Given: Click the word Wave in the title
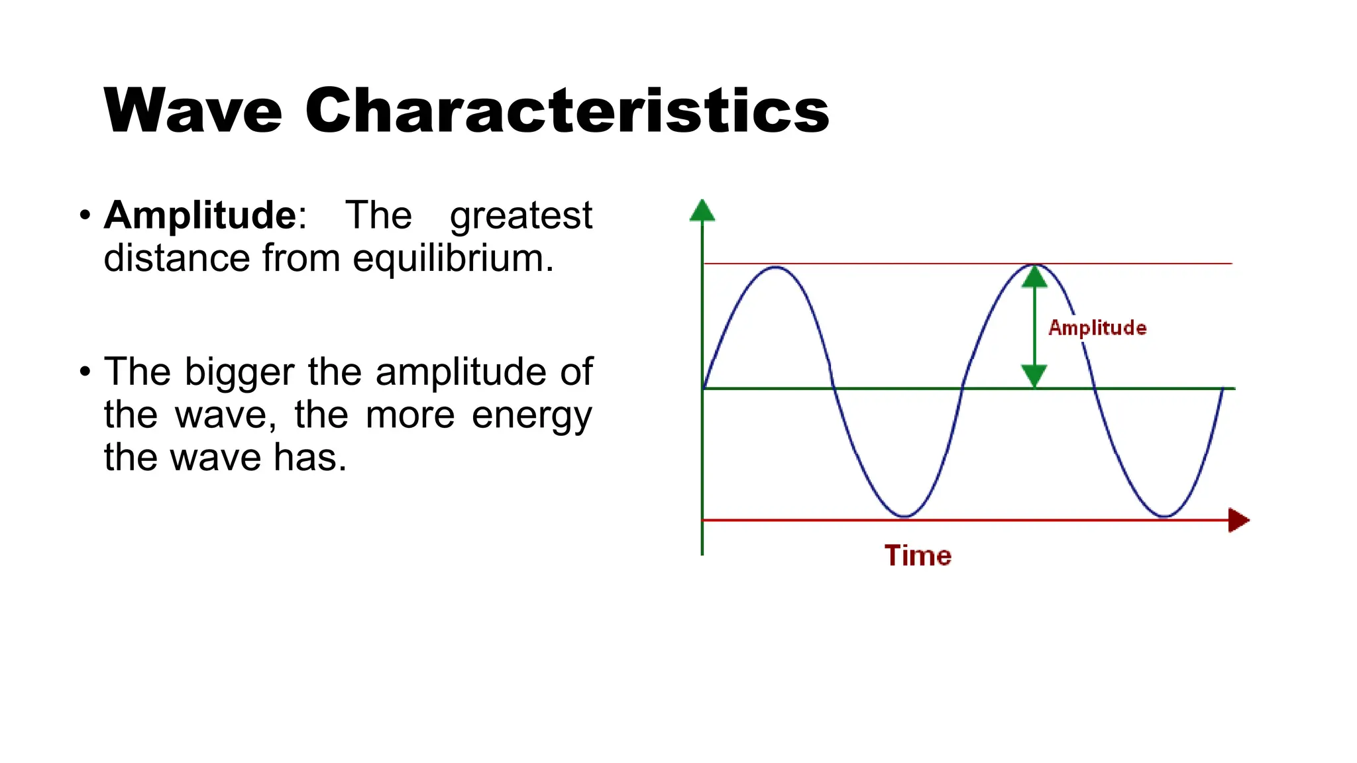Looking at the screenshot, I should [x=193, y=111].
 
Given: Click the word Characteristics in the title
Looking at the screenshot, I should [x=567, y=111].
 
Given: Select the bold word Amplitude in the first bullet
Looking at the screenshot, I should [x=200, y=215].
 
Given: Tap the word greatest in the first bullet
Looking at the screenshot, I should [x=521, y=217].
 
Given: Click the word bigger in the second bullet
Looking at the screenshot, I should [x=239, y=373].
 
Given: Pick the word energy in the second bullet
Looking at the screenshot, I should [x=531, y=417].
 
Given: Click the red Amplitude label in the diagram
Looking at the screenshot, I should [x=1097, y=328].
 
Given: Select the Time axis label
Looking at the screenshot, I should [x=918, y=556].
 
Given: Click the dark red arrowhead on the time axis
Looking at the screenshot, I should [x=1238, y=520].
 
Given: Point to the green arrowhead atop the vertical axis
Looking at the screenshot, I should [x=702, y=211].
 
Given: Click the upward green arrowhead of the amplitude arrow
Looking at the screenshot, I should [x=1034, y=277].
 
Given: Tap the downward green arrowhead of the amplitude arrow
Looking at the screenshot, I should [x=1034, y=376].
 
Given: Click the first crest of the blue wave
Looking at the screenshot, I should [x=775, y=268].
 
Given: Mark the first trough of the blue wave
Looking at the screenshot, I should [x=904, y=515].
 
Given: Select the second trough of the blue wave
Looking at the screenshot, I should [x=1164, y=515].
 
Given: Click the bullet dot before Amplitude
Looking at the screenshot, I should [x=84, y=215].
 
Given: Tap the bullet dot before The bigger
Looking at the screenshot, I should [x=84, y=372].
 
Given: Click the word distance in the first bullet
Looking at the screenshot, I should [x=177, y=258].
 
